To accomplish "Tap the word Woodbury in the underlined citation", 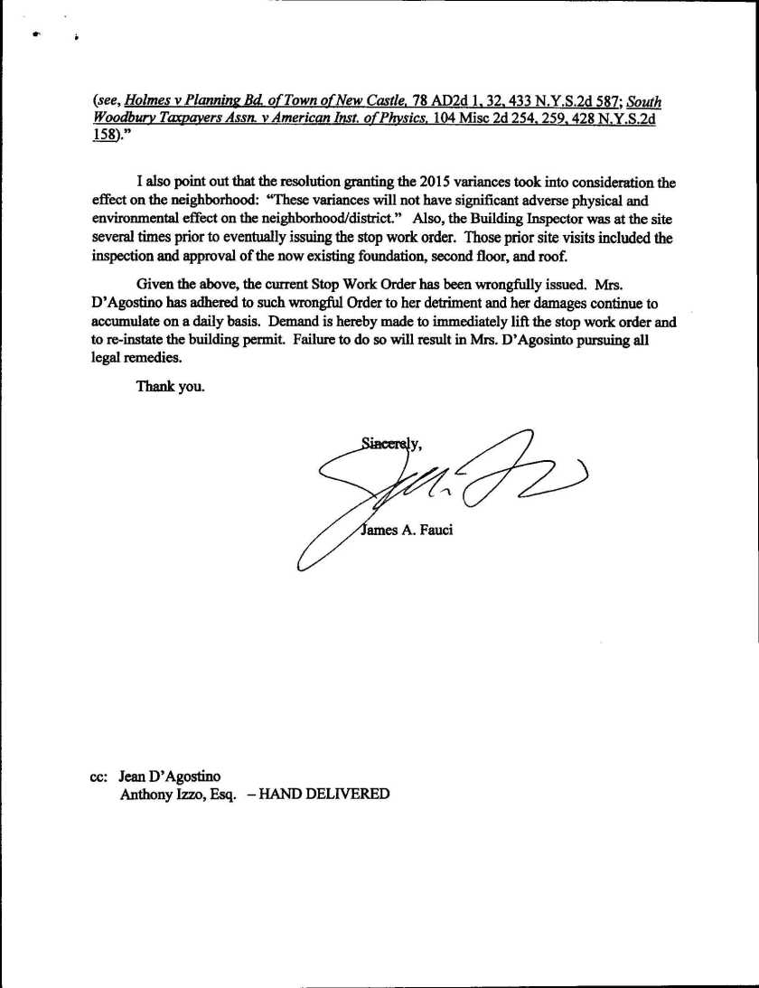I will click(x=123, y=121).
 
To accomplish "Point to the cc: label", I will click(x=99, y=776).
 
